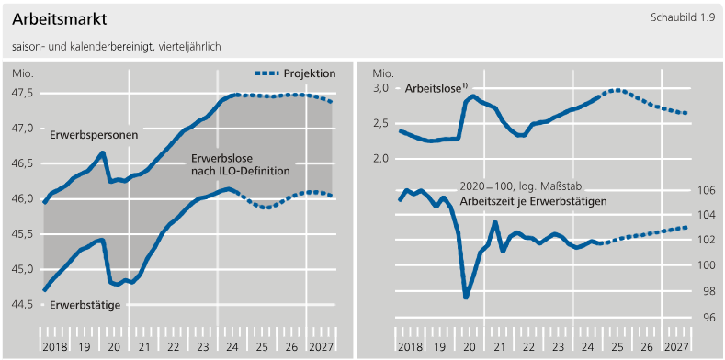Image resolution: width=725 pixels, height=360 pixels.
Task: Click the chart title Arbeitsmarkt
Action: pyautogui.click(x=60, y=19)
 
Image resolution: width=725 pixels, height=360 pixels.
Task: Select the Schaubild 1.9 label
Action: pyautogui.click(x=683, y=17)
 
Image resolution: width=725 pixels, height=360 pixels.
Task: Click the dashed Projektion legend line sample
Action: pyautogui.click(x=266, y=73)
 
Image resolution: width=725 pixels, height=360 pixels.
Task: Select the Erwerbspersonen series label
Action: pyautogui.click(x=95, y=136)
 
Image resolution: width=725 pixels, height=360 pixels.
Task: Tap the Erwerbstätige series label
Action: pyautogui.click(x=85, y=305)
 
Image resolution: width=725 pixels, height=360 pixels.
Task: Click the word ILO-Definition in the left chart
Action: pyautogui.click(x=258, y=171)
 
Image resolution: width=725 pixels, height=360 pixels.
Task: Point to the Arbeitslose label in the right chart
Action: pyautogui.click(x=436, y=88)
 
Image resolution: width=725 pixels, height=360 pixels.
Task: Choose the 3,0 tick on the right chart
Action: pyautogui.click(x=381, y=88)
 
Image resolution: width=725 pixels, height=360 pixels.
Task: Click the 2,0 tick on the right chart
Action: pyautogui.click(x=381, y=159)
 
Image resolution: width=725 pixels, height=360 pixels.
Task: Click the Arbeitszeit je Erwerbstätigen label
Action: pyautogui.click(x=533, y=201)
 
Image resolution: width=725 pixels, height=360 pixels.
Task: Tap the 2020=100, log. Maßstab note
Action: pyautogui.click(x=520, y=186)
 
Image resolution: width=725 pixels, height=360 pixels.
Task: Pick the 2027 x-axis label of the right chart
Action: pyautogui.click(x=676, y=346)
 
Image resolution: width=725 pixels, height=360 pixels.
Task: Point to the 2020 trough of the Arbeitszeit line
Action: pyautogui.click(x=466, y=297)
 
